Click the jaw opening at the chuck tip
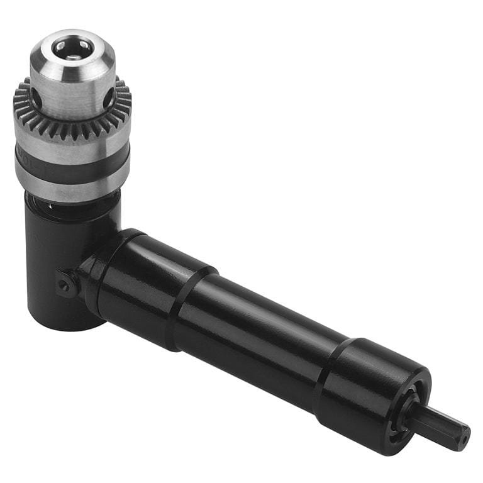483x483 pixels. (72, 47)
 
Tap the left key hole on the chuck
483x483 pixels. (36, 97)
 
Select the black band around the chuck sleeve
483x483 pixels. (72, 162)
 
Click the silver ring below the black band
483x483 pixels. (72, 182)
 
